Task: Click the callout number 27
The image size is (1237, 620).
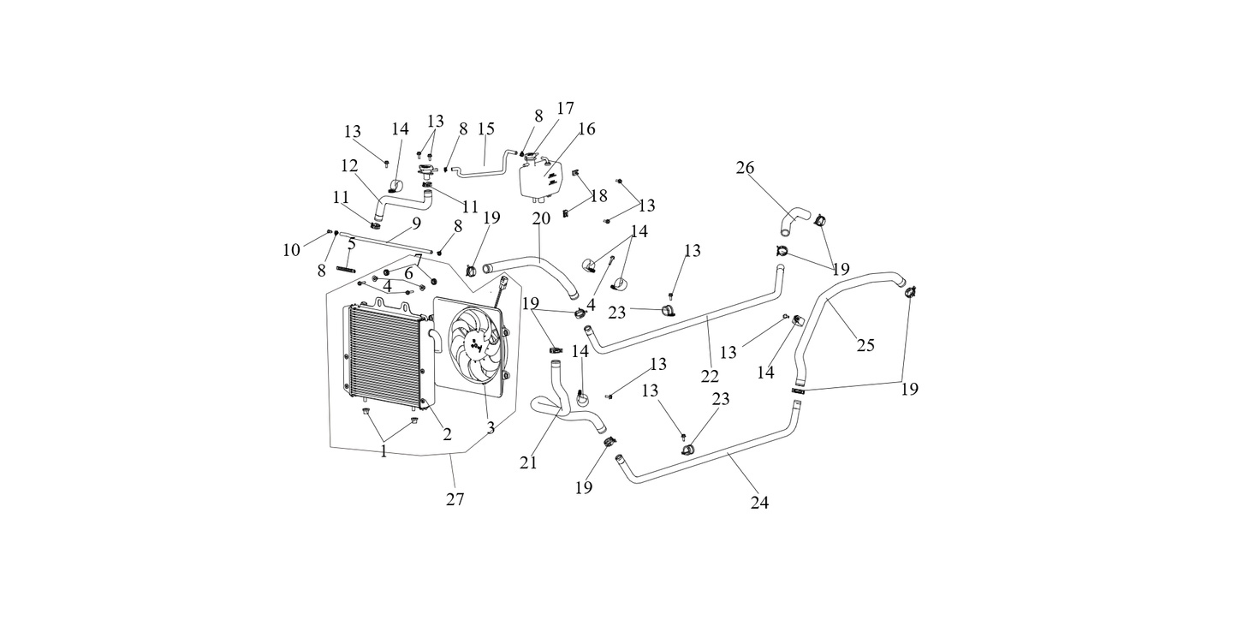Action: pos(455,499)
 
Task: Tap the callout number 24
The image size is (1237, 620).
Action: pos(759,503)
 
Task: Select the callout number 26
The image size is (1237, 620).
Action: pos(746,167)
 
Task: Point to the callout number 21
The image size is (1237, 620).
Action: pos(528,462)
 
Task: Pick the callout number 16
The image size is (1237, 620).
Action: pos(586,129)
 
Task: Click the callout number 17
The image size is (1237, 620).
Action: pos(565,109)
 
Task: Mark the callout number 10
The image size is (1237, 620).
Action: pos(292,250)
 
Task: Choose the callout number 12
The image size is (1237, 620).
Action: pos(349,165)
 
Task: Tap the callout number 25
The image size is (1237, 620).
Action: pos(865,345)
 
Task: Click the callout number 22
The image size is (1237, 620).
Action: pos(709,375)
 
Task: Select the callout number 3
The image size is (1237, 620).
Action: pos(491,427)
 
